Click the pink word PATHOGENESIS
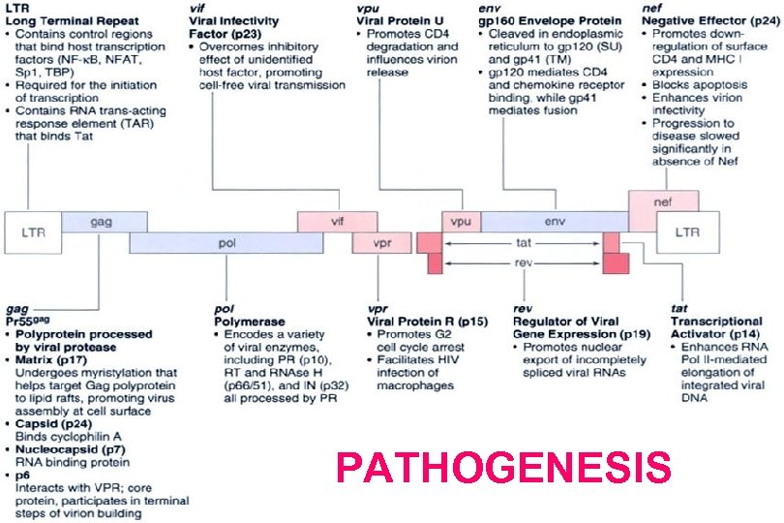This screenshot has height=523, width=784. point(503,469)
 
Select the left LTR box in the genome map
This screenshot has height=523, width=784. point(32,231)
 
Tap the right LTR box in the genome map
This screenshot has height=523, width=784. point(686,231)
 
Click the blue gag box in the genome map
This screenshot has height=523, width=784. point(101,222)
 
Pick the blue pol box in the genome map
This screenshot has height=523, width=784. point(227,243)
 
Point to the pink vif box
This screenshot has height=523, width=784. point(337,222)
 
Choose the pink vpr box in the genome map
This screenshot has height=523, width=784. point(381,243)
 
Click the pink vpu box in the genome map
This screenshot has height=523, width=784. point(459,222)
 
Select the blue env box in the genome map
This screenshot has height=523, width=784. point(554,222)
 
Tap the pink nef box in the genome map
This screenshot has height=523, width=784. point(663,203)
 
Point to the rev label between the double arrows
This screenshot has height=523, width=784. point(523,262)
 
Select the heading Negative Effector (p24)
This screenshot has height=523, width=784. point(696,19)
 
